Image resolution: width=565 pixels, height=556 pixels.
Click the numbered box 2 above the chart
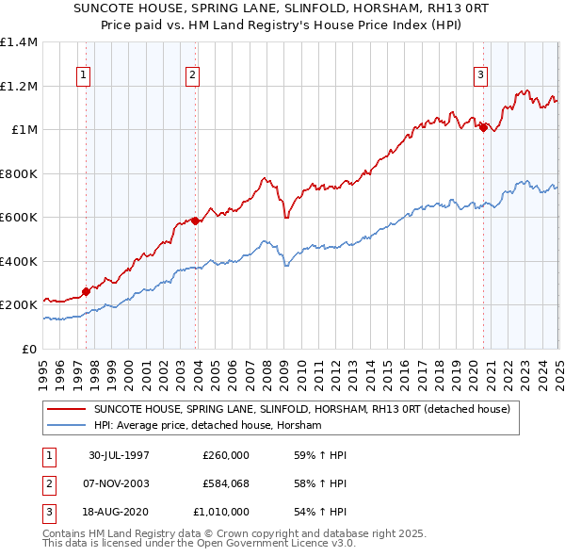click(192, 76)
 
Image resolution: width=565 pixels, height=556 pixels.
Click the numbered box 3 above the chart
click(480, 76)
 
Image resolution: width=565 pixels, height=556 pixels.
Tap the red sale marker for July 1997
click(87, 291)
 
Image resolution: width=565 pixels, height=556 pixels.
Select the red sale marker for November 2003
click(195, 221)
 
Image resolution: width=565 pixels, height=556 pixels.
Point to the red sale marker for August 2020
click(484, 128)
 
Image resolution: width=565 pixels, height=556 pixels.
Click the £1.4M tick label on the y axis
click(19, 42)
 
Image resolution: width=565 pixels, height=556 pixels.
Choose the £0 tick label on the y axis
click(30, 349)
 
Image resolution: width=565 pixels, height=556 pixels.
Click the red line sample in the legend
click(68, 409)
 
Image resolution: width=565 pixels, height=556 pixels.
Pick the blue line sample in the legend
click(68, 426)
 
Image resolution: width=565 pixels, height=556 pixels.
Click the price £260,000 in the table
click(226, 455)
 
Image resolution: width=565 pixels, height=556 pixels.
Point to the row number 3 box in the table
click(48, 512)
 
